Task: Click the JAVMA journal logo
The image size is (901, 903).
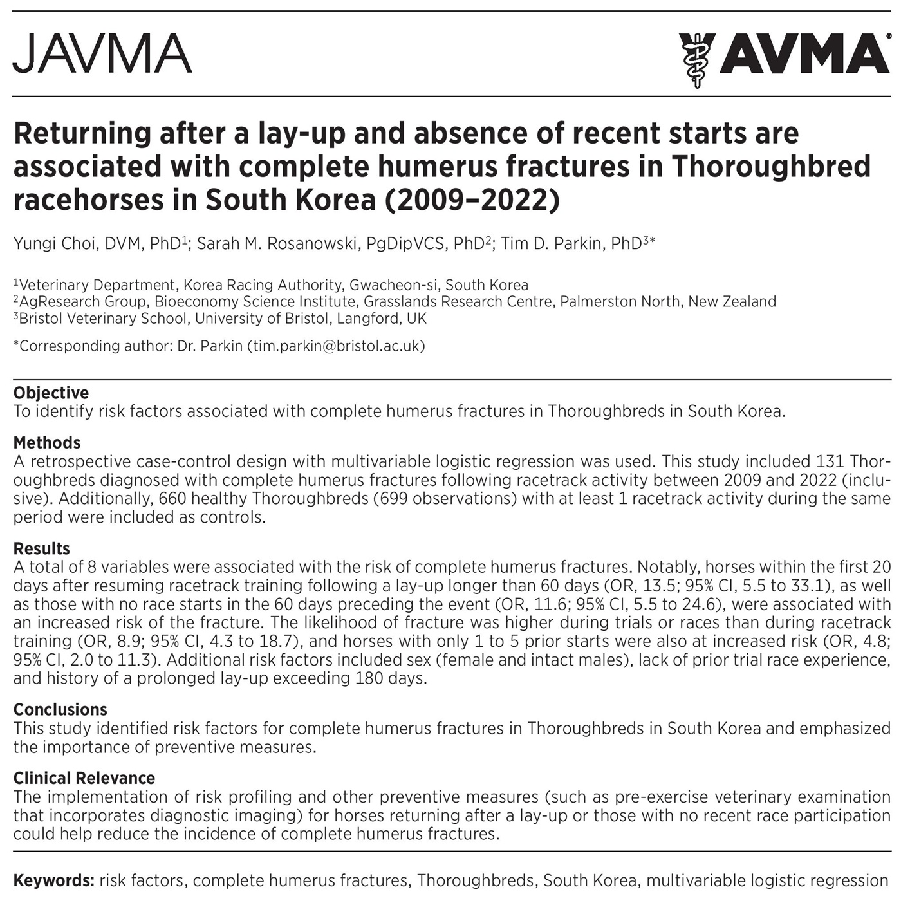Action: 102,53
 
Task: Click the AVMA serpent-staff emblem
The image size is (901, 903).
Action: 696,60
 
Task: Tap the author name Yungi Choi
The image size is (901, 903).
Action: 54,244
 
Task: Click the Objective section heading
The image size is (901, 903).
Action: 51,393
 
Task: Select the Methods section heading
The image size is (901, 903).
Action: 47,443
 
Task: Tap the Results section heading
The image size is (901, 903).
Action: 42,548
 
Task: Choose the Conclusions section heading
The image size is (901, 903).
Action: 60,709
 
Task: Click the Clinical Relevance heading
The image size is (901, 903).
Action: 84,778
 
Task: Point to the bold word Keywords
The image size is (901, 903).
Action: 54,880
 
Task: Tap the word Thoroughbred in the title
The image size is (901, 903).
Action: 771,166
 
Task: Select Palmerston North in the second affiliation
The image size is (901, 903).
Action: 620,301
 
